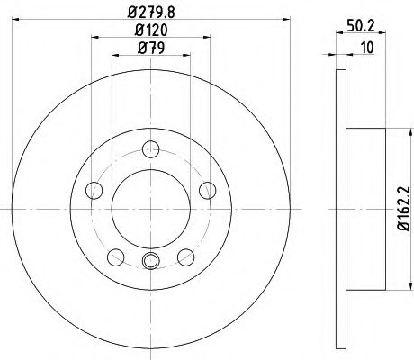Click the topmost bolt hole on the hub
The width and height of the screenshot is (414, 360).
click(151, 150)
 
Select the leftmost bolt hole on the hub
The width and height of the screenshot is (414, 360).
click(94, 189)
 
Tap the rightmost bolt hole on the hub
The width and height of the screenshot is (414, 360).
click(208, 189)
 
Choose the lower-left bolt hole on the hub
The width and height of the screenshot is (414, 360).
click(116, 256)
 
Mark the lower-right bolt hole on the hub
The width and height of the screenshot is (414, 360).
click(185, 256)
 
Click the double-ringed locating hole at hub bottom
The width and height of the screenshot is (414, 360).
click(151, 262)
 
